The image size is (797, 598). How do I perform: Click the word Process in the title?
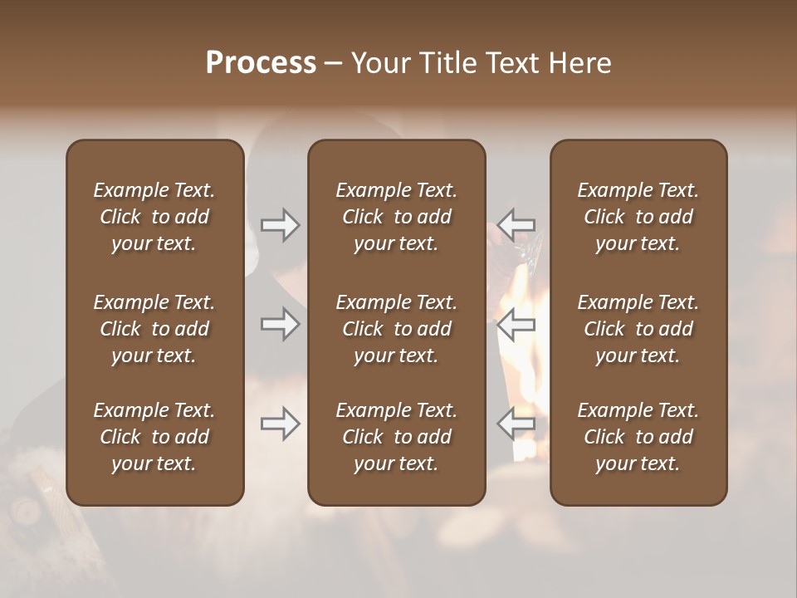point(261,63)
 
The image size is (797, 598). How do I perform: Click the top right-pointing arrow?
point(281,224)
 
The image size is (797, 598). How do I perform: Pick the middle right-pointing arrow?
point(281,324)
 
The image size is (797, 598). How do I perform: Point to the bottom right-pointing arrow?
point(281,424)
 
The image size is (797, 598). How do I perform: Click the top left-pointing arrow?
point(516,224)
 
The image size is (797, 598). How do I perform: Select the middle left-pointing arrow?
point(516,324)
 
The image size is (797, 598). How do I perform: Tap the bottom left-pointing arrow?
point(516,424)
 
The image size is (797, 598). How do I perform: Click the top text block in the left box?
point(154,217)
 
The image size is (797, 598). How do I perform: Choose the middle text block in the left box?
point(154,329)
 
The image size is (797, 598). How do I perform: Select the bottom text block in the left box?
point(154,437)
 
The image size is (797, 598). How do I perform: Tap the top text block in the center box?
point(396,217)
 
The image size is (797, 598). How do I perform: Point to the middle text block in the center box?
point(396,329)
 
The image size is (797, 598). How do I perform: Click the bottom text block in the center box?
point(396,437)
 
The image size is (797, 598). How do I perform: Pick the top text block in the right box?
point(638,217)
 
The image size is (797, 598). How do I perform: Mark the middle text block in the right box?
point(638,329)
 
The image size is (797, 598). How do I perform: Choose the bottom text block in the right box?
point(638,437)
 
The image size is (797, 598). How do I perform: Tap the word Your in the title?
point(379,63)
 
